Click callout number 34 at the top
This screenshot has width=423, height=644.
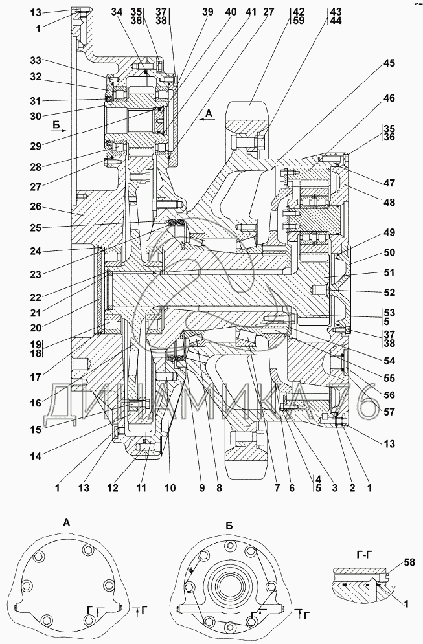coord(117,12)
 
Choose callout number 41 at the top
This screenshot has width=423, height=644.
coord(249,12)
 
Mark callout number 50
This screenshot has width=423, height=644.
coord(388,253)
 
